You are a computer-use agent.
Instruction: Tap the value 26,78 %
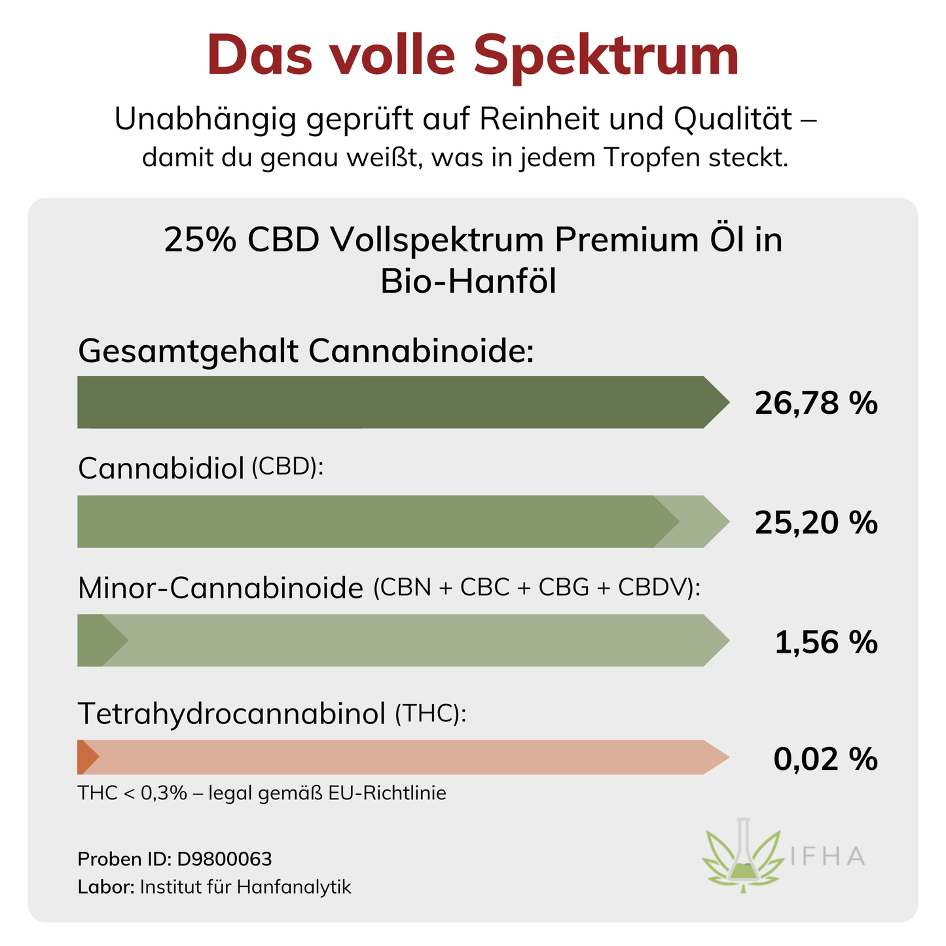[x=815, y=403]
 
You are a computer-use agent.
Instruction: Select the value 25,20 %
[x=815, y=522]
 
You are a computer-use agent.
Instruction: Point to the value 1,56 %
[x=826, y=642]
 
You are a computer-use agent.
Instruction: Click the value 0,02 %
[x=825, y=759]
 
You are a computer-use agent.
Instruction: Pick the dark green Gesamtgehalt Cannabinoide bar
[x=393, y=402]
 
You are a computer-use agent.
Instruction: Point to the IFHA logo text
[x=828, y=856]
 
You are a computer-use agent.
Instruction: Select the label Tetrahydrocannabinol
[x=232, y=714]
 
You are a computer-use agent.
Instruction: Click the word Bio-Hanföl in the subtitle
[x=468, y=282]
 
